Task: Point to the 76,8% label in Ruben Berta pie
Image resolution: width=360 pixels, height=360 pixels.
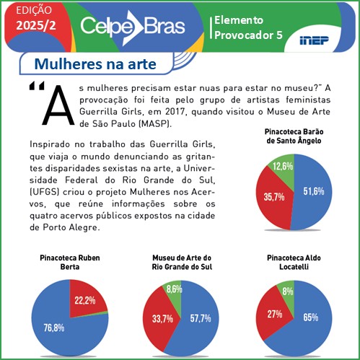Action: tap(53, 328)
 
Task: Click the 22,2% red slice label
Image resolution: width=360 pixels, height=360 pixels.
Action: tap(85, 300)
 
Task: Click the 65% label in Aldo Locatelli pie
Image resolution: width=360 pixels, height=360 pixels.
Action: tap(311, 317)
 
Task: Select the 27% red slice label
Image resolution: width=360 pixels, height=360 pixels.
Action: tap(274, 315)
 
